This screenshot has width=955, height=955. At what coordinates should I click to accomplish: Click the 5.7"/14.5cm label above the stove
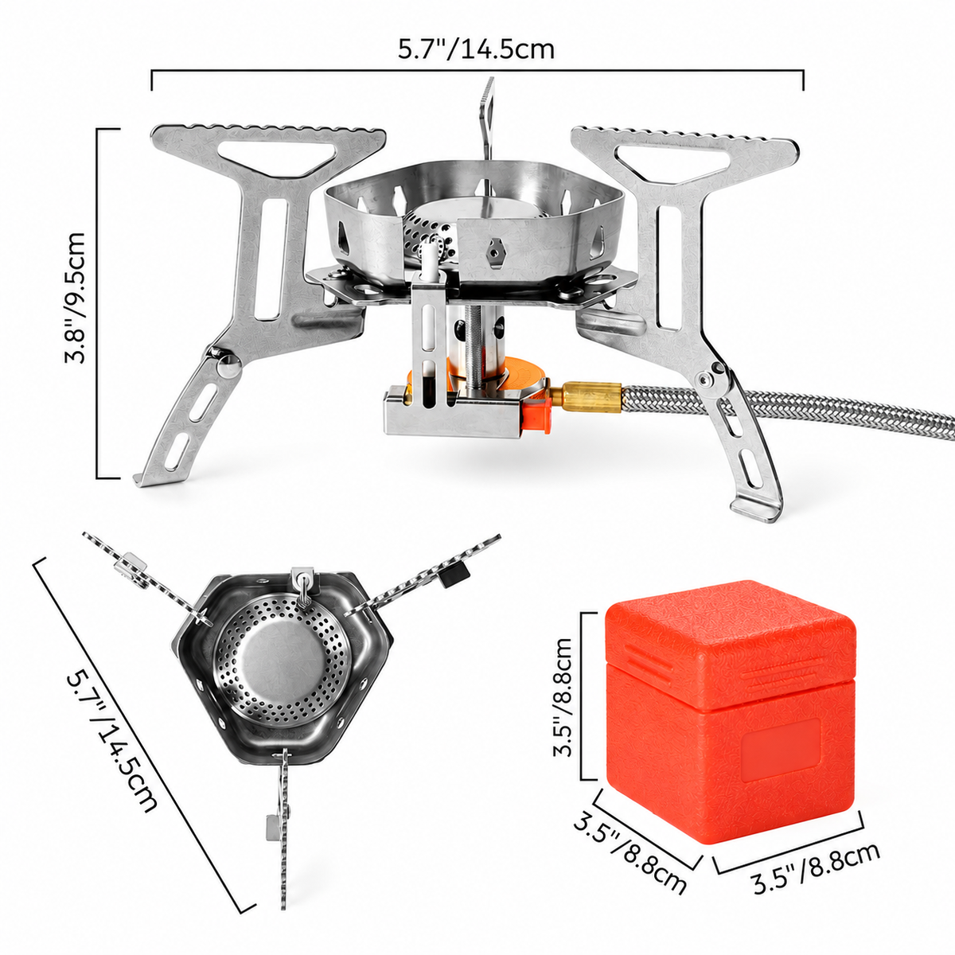[476, 50]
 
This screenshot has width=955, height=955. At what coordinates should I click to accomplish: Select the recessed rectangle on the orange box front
[781, 750]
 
